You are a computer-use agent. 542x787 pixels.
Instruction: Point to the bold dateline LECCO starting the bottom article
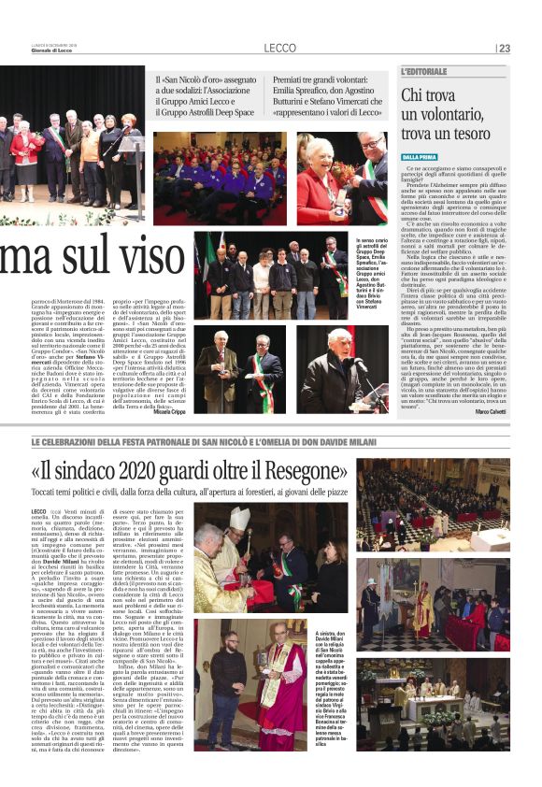click(x=39, y=513)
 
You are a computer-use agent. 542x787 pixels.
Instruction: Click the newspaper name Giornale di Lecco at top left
click(x=21, y=51)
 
